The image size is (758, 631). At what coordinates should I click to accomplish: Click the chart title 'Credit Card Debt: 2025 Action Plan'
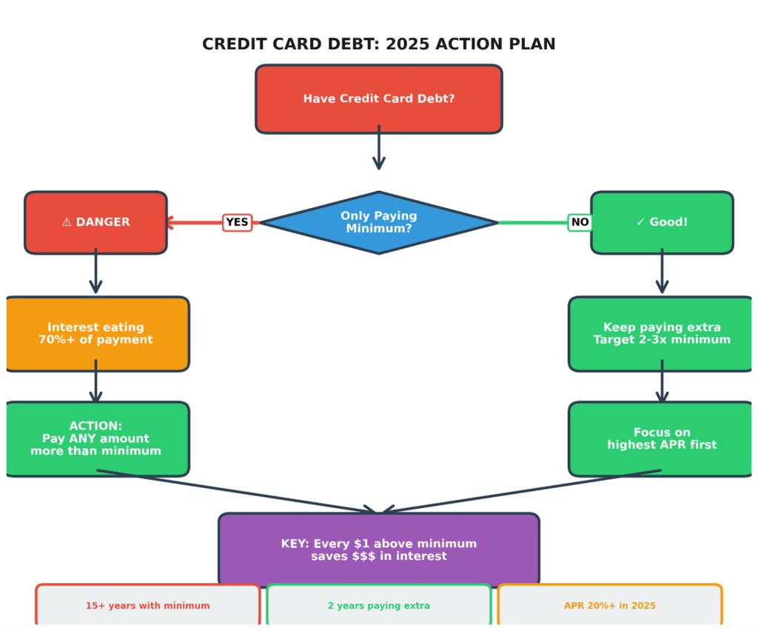point(378,44)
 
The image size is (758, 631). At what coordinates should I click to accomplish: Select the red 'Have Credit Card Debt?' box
point(378,99)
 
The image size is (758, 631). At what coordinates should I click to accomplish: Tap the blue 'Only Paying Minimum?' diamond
point(378,222)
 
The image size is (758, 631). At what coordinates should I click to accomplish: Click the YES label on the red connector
point(237,222)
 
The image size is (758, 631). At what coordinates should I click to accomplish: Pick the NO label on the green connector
point(580,222)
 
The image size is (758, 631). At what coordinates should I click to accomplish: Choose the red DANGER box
point(95,222)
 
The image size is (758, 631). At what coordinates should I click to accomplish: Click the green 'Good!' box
point(662,222)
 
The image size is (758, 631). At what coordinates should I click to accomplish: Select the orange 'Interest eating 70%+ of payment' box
point(95,333)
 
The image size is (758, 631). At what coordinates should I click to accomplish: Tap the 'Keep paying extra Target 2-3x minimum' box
point(662,333)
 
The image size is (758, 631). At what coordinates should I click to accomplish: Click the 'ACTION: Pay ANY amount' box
point(95,438)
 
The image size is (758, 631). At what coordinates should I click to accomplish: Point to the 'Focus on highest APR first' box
point(662,438)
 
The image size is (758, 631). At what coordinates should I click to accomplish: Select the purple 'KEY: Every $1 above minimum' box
point(378,550)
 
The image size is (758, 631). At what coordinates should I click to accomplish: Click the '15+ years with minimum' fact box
point(147,606)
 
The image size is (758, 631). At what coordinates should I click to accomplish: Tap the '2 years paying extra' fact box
point(378,606)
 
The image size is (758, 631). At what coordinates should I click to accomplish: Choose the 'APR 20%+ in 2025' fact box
point(609,606)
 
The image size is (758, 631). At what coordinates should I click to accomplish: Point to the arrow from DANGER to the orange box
point(95,273)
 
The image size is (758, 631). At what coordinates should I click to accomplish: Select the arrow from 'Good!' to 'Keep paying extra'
point(662,273)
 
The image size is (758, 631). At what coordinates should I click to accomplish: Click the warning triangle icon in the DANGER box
point(67,222)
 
